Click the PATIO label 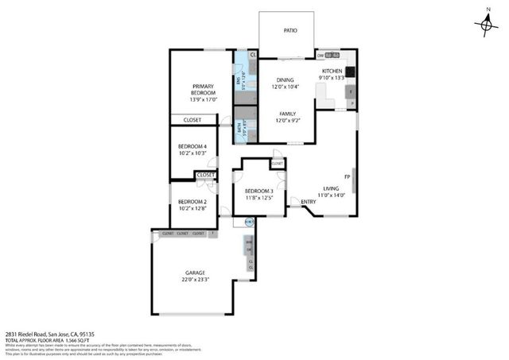(x=290, y=32)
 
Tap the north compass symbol (x=486, y=25)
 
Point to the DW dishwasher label (x=321, y=56)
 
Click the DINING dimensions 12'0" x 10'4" (x=286, y=87)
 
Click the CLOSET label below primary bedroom (x=191, y=120)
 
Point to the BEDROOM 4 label (x=192, y=146)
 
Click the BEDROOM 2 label (x=192, y=202)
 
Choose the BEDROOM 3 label (x=258, y=192)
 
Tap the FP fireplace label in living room (x=347, y=176)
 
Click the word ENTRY (x=309, y=201)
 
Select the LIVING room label (x=331, y=188)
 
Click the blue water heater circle (x=249, y=221)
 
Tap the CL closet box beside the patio (x=253, y=54)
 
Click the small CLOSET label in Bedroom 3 (x=278, y=163)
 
